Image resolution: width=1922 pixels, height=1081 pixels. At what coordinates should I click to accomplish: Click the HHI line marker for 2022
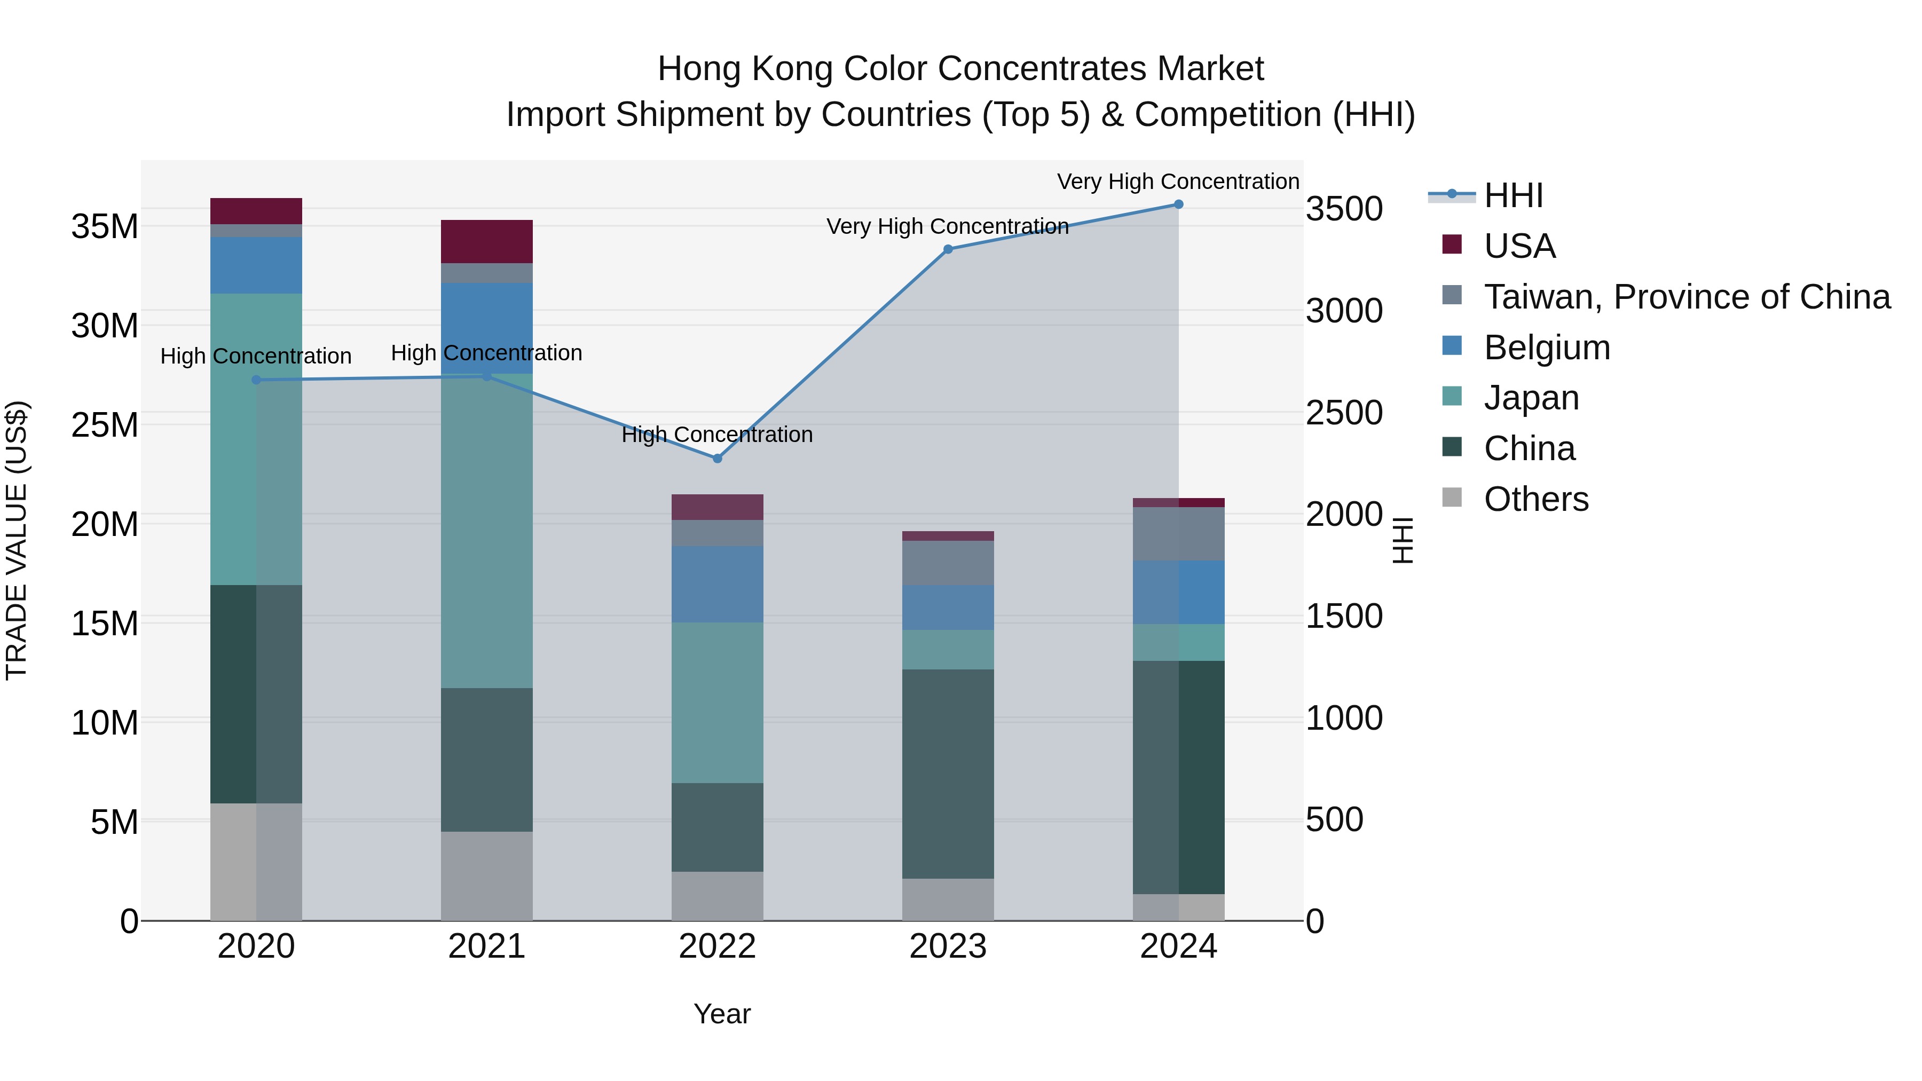click(x=717, y=458)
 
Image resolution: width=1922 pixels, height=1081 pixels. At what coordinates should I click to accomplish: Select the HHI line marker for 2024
click(x=1178, y=204)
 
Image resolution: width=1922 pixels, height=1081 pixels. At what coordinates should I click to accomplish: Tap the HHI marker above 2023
click(x=948, y=249)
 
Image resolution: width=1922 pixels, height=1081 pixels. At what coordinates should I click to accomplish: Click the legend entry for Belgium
click(x=1546, y=348)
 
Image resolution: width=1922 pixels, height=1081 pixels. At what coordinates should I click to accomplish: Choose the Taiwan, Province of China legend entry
click(x=1686, y=297)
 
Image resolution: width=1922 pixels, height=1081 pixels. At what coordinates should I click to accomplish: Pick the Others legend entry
click(x=1535, y=499)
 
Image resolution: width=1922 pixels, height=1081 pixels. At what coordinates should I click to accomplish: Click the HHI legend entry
click(x=1513, y=195)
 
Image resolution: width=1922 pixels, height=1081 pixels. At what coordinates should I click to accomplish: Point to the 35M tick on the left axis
click(x=105, y=226)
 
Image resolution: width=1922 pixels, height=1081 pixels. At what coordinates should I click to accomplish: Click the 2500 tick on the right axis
click(x=1344, y=413)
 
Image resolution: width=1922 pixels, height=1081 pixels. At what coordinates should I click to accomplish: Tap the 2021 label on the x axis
click(x=486, y=946)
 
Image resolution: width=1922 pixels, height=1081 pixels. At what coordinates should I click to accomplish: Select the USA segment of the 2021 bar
click(x=486, y=241)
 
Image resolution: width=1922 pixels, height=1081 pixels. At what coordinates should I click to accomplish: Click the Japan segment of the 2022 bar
click(x=717, y=702)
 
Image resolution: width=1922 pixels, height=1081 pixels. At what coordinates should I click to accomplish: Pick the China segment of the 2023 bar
click(x=948, y=773)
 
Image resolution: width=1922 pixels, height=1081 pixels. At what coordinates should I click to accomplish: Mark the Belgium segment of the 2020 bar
click(x=256, y=265)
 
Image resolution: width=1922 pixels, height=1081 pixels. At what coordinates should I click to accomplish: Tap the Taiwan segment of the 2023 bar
click(x=948, y=563)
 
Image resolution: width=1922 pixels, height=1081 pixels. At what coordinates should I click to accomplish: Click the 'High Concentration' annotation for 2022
click(x=717, y=434)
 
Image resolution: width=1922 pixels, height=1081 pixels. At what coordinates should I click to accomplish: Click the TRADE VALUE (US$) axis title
click(x=17, y=540)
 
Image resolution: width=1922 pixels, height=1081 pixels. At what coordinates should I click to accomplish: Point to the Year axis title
click(x=721, y=1014)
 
